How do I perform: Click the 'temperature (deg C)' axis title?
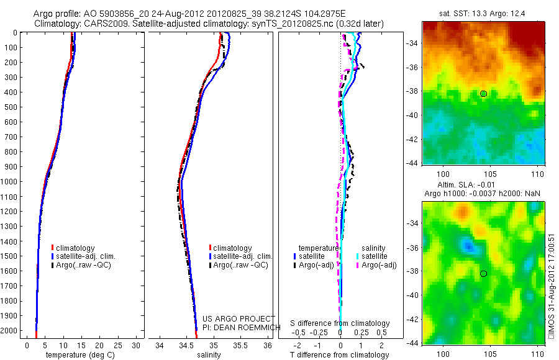pos(79,354)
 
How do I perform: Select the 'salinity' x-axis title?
pos(209,354)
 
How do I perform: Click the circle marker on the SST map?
pos(483,94)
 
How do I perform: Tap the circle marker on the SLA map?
pos(483,274)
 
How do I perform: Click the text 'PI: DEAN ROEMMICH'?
pos(238,327)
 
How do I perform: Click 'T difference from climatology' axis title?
pos(340,354)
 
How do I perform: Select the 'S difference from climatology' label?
pos(340,323)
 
